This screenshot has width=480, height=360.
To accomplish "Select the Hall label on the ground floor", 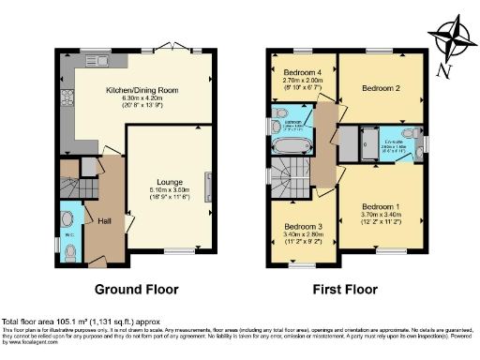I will (x=104, y=220).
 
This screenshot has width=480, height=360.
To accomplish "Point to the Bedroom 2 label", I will (x=381, y=89).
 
